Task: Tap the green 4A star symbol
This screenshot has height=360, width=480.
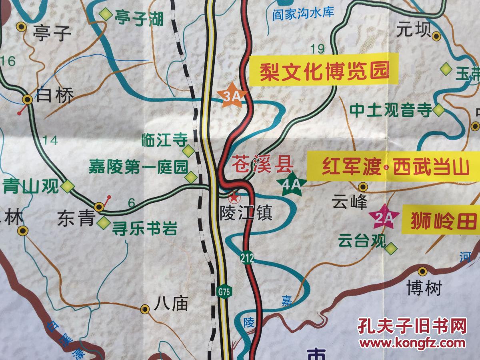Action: [x=292, y=184]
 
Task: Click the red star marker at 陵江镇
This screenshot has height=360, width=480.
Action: [x=232, y=196]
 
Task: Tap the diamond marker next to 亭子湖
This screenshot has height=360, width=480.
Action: [x=106, y=14]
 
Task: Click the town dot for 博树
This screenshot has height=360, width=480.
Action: [x=423, y=271]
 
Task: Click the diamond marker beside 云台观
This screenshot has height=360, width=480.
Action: [x=391, y=248]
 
